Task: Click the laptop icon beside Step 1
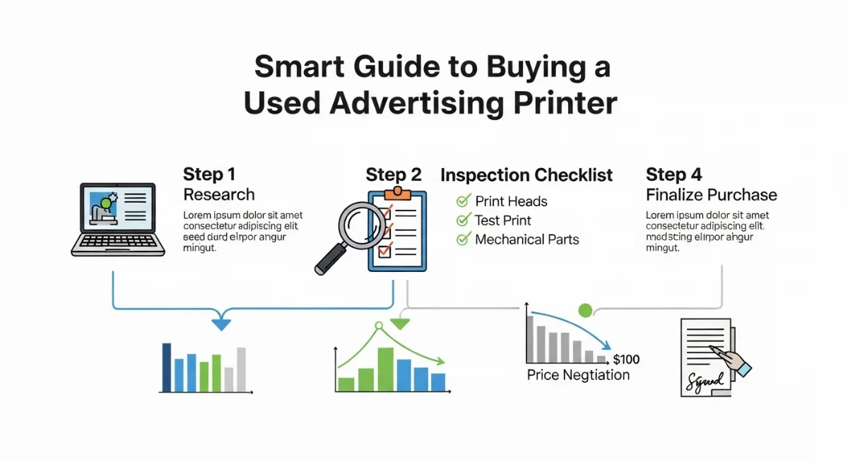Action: click(118, 220)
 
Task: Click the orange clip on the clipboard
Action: click(397, 194)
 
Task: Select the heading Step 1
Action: click(209, 174)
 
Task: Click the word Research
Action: click(219, 195)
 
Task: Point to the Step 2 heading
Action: click(394, 174)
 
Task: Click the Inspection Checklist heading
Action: click(526, 175)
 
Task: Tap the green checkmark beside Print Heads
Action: click(464, 201)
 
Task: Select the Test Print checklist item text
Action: click(502, 220)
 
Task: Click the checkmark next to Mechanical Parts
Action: click(464, 239)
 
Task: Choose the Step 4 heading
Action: click(674, 174)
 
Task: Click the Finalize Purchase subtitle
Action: click(712, 195)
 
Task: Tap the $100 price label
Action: click(627, 359)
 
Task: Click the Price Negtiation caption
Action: click(578, 375)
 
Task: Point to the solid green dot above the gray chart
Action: click(585, 311)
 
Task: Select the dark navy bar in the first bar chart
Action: click(167, 367)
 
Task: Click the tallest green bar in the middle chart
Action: click(385, 369)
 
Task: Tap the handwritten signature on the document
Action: click(705, 383)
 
